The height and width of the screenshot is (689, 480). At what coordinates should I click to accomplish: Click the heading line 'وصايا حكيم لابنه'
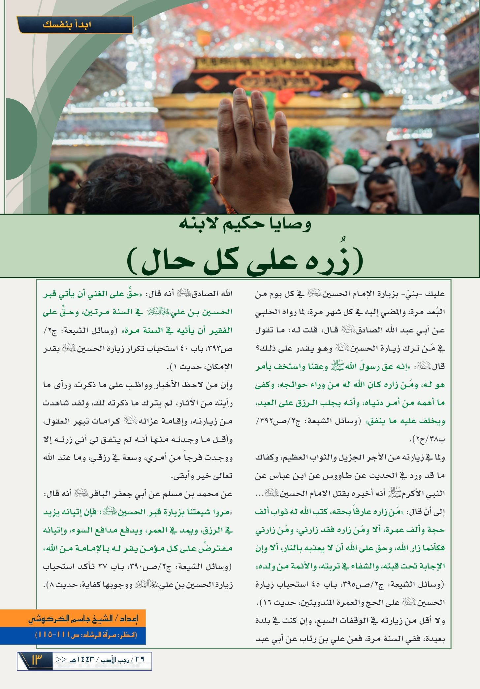[x=245, y=225]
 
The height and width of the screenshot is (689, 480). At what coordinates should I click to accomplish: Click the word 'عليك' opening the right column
[x=436, y=294]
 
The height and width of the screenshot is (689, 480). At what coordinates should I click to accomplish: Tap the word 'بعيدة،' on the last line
[x=434, y=639]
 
